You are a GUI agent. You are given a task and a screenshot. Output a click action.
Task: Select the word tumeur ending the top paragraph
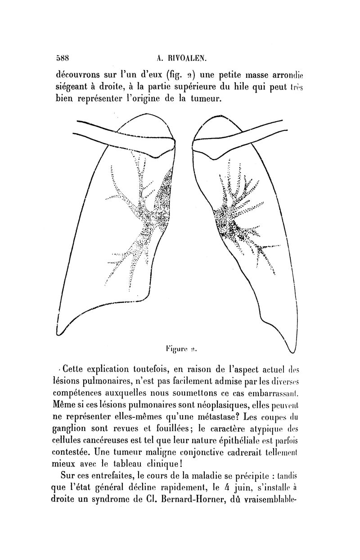(x=206, y=98)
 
